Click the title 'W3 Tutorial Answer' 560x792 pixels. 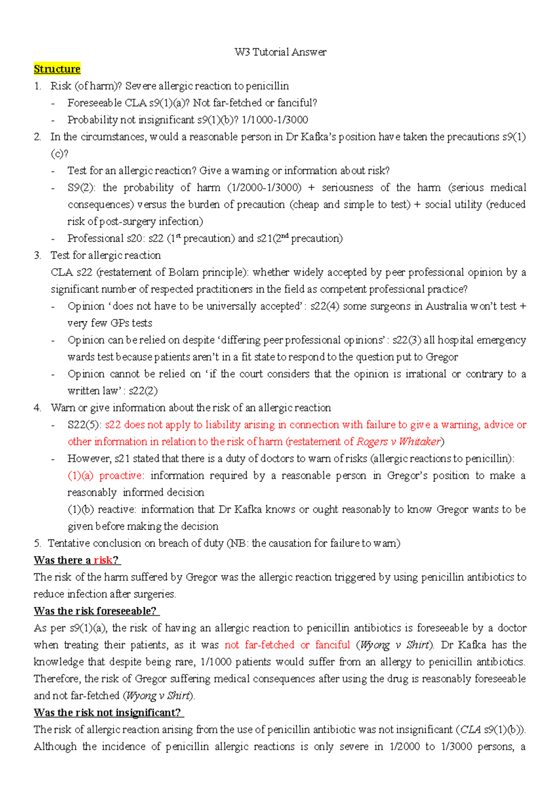pos(280,52)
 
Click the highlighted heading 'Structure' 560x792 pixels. pos(57,69)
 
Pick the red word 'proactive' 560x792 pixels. pos(121,476)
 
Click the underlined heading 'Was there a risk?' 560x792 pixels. pos(77,560)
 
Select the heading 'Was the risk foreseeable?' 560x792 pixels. pos(96,611)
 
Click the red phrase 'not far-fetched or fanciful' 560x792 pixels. pos(287,645)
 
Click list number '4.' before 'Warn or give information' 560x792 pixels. pos(37,408)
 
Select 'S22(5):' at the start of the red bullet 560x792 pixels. pos(84,425)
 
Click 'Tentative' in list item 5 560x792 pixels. pos(69,543)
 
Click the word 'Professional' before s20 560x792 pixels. pos(96,238)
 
